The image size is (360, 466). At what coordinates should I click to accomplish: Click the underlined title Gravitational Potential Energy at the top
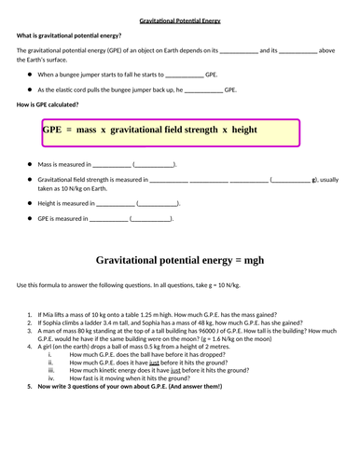coord(180,20)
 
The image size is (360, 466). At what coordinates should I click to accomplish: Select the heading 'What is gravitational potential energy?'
coord(64,36)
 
